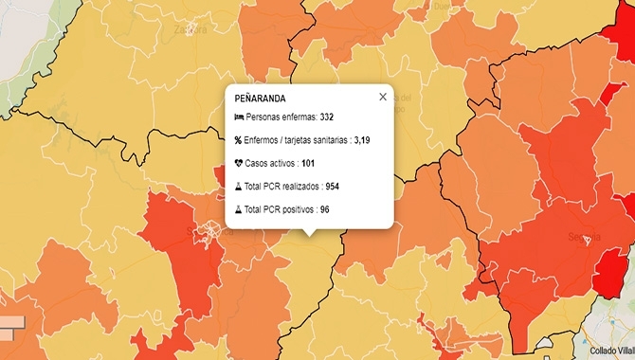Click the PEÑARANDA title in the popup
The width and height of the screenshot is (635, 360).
point(259,99)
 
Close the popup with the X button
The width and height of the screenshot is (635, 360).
point(383,96)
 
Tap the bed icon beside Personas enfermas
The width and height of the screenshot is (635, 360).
point(238,117)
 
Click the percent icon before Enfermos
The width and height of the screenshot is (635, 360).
point(238,140)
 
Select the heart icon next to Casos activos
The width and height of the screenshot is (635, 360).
point(238,163)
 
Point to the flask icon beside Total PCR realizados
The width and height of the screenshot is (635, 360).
point(238,187)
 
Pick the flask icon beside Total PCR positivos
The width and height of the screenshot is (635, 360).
point(238,209)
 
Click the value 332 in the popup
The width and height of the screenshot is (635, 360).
point(327,117)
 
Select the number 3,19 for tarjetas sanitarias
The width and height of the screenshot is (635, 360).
point(362,140)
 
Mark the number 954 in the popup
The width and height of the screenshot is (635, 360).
point(333,187)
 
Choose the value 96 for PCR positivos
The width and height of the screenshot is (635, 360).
point(325,209)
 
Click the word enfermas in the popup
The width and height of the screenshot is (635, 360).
point(299,117)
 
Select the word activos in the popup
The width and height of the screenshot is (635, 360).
point(282,163)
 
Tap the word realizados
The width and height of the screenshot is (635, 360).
point(299,187)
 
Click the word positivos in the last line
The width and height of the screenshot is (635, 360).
point(297,209)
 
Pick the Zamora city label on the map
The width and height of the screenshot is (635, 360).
point(190,29)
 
